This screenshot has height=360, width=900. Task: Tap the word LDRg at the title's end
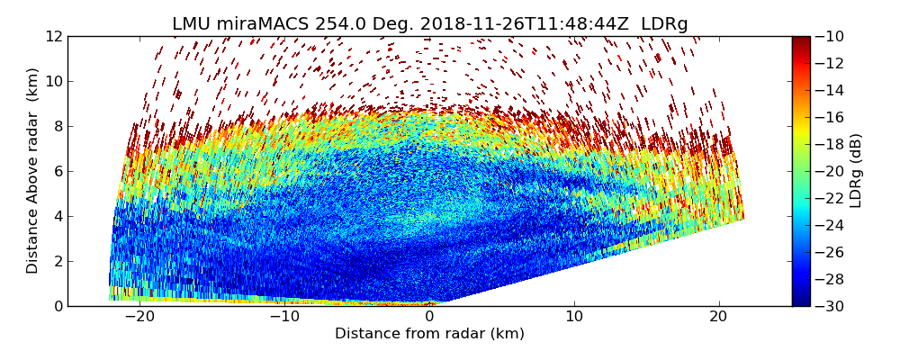tap(664, 24)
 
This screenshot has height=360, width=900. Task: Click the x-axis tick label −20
tap(139, 317)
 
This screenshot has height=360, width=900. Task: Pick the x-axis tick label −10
tap(284, 317)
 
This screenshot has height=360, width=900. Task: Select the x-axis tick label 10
tap(574, 317)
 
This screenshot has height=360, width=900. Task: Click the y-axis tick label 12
tap(53, 36)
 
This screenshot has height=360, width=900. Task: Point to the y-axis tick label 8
tap(58, 126)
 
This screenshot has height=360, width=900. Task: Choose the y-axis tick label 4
tap(58, 216)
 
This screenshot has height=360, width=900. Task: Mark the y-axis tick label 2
tap(58, 261)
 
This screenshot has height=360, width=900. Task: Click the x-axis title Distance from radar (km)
tap(429, 334)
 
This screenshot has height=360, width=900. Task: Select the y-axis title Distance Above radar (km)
tap(32, 171)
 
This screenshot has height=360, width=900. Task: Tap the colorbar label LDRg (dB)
tap(856, 171)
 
